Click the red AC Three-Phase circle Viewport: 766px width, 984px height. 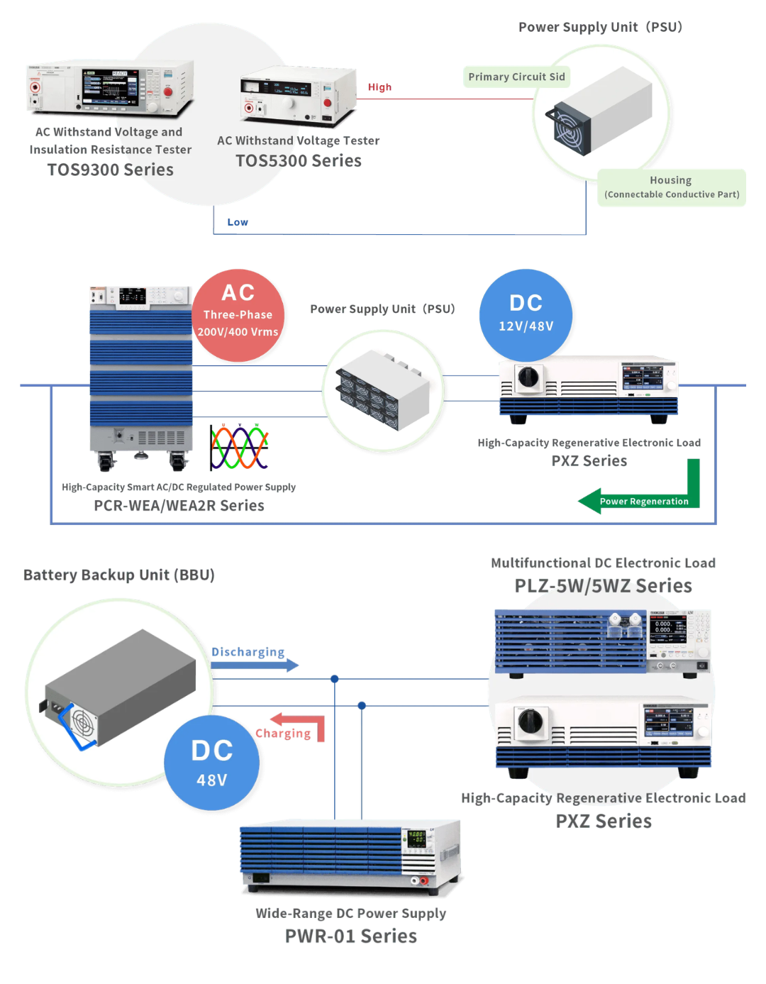(x=238, y=315)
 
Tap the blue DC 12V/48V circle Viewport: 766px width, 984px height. (x=526, y=314)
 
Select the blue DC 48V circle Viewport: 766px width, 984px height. (x=211, y=763)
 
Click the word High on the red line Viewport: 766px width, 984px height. (x=379, y=87)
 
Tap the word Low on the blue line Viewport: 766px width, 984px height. (x=238, y=222)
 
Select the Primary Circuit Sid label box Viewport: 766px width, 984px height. (x=516, y=77)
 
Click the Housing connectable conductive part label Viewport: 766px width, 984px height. (x=671, y=187)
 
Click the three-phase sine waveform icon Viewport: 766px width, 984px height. (x=239, y=448)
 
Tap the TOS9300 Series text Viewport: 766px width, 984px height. (x=111, y=170)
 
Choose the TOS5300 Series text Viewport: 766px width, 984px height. (x=299, y=161)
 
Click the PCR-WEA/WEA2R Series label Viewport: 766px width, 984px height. (x=179, y=505)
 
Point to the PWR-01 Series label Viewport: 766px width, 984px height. (x=351, y=936)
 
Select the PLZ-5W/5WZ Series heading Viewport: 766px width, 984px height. (x=603, y=585)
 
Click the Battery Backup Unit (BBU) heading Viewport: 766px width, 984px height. (x=119, y=575)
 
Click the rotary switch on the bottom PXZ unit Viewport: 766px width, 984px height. (x=530, y=722)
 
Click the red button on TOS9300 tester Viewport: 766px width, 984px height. (x=168, y=92)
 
